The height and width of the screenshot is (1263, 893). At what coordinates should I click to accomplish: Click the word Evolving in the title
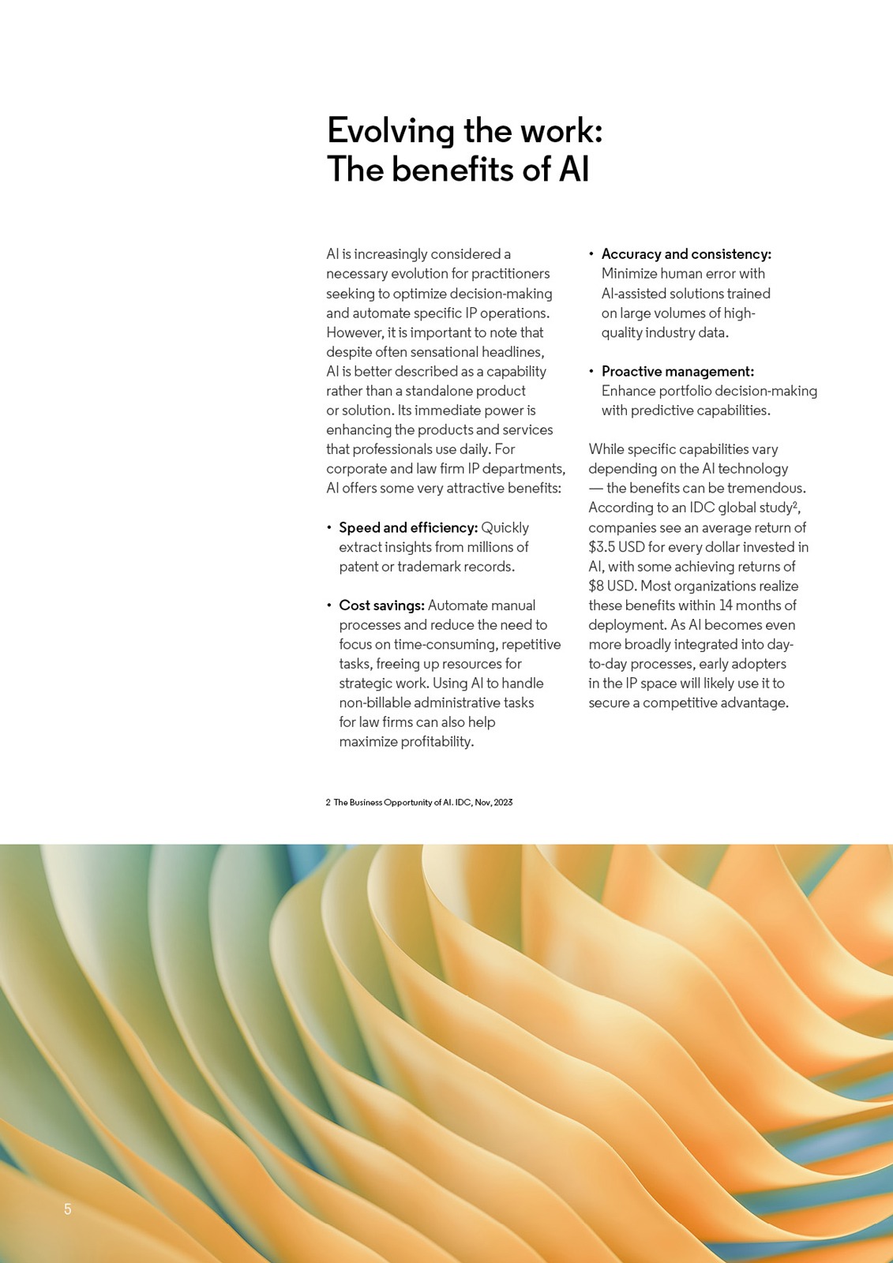[391, 131]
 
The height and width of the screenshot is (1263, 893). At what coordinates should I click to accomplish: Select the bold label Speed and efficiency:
[408, 527]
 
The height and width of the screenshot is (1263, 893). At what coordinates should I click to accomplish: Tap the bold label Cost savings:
[381, 605]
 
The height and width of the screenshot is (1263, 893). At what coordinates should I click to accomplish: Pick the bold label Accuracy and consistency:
[686, 254]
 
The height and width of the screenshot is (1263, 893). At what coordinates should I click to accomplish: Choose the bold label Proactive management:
[677, 371]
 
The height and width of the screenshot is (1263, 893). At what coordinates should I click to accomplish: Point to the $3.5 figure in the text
[602, 547]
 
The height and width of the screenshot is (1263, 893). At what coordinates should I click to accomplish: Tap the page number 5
[68, 1209]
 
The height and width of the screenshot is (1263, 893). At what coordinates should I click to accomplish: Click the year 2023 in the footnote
[503, 802]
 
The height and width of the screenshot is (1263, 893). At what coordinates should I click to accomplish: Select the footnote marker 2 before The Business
[328, 802]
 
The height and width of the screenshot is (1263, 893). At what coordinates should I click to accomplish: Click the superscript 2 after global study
[796, 504]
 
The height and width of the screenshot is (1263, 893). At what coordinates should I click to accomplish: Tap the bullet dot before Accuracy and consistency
[591, 254]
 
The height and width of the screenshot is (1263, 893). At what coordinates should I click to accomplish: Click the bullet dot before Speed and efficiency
[329, 527]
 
